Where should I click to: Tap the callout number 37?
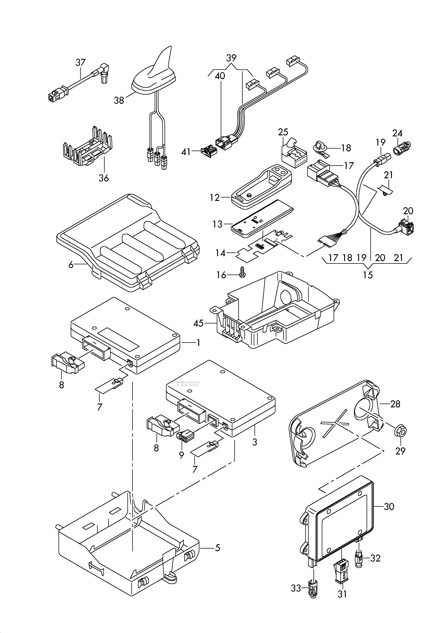(81, 63)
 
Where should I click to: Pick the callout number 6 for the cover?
(71, 265)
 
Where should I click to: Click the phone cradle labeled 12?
(262, 185)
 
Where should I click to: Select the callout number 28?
(395, 404)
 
